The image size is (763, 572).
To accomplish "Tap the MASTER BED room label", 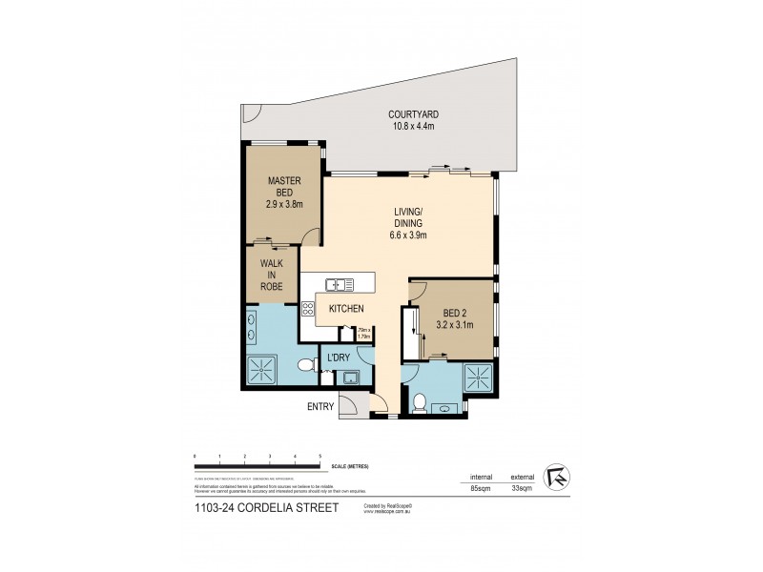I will point(284,192).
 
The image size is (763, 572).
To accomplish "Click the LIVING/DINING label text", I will point(409,223).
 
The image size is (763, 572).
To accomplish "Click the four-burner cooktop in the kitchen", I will point(308,308).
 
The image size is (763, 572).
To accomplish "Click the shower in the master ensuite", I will point(259,369).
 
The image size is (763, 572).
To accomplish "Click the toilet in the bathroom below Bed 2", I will point(420,400).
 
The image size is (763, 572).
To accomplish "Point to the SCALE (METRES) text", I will point(348,465).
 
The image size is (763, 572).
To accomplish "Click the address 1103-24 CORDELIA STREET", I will point(265,509).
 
